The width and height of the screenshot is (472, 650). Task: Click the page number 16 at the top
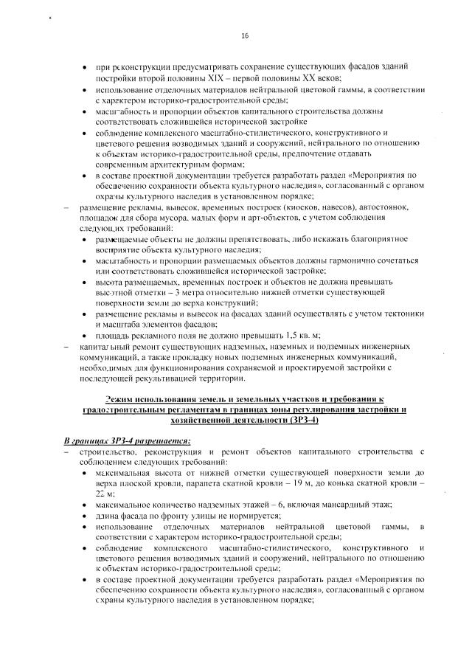[x=245, y=35]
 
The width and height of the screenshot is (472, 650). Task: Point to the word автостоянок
[x=388, y=208]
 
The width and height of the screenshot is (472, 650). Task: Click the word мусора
[x=181, y=219]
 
